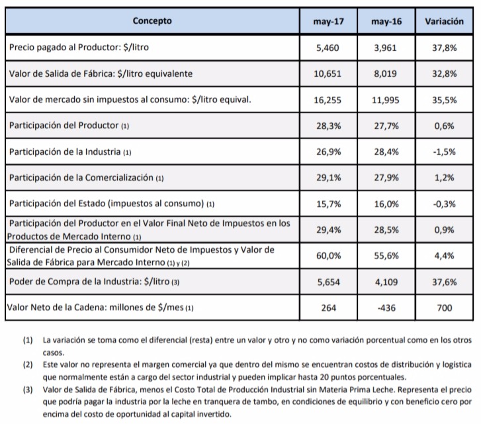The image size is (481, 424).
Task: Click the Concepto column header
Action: pyautogui.click(x=152, y=21)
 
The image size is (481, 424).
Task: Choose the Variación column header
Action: pyautogui.click(x=444, y=22)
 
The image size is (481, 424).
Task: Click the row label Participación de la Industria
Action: pyautogui.click(x=70, y=151)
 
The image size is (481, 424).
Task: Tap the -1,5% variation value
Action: pyautogui.click(x=444, y=151)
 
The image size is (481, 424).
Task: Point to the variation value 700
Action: pyautogui.click(x=444, y=307)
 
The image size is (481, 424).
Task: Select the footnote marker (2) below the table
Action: pyautogui.click(x=28, y=364)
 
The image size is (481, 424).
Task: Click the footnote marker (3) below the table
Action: pyautogui.click(x=28, y=389)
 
